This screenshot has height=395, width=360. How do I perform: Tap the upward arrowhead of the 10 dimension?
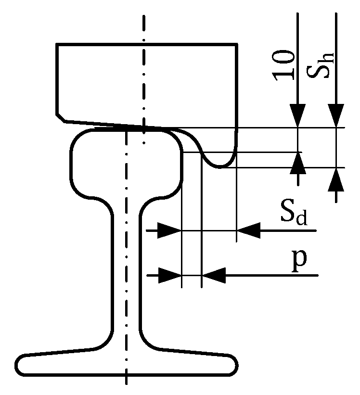coord(298,163)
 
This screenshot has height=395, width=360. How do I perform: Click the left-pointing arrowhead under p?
coord(213,275)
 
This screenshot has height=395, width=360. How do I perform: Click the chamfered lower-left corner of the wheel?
coord(61,117)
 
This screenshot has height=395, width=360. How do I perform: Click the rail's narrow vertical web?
coord(126,269)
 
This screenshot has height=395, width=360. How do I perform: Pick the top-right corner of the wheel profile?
coord(236,45)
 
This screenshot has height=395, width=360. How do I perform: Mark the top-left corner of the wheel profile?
coord(57,45)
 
